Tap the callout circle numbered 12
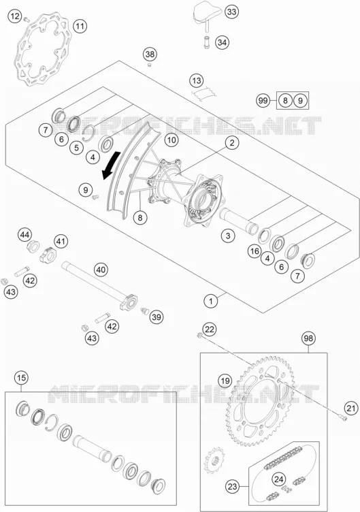pyautogui.click(x=15, y=16)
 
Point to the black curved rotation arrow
pyautogui.click(x=110, y=165)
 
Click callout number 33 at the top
pyautogui.click(x=231, y=12)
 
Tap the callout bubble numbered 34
pyautogui.click(x=222, y=42)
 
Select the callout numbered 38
pyautogui.click(x=150, y=54)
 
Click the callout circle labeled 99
pyautogui.click(x=263, y=100)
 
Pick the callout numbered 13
pyautogui.click(x=197, y=80)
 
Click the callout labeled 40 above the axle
pyautogui.click(x=101, y=270)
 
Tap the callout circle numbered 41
pyautogui.click(x=61, y=242)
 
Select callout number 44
pyautogui.click(x=24, y=234)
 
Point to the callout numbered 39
pyautogui.click(x=157, y=317)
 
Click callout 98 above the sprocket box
pyautogui.click(x=308, y=338)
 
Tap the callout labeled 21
pyautogui.click(x=350, y=408)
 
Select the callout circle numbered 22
pyautogui.click(x=209, y=329)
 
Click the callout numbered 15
pyautogui.click(x=21, y=378)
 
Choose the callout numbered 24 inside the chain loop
pyautogui.click(x=278, y=479)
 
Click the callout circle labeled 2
pyautogui.click(x=232, y=143)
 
